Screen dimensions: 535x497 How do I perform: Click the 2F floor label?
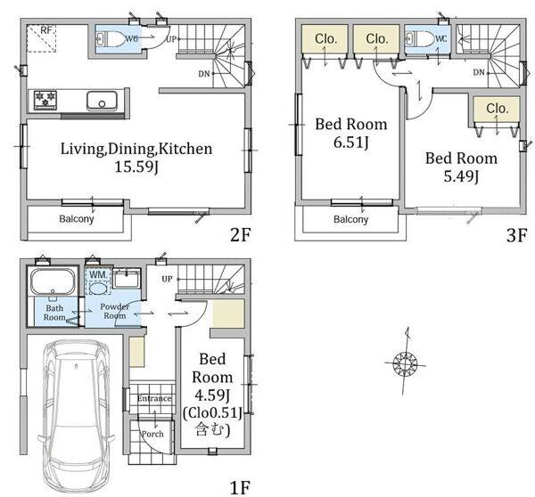coord(241,234)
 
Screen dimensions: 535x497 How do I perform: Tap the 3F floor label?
coord(516,235)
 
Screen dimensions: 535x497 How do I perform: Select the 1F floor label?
coord(240,488)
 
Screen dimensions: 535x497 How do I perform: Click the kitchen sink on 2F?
coord(102,101)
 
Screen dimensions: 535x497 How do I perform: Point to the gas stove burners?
coord(45,99)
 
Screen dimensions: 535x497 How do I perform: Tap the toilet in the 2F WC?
coord(110,38)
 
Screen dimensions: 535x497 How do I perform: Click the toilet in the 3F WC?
coord(419,38)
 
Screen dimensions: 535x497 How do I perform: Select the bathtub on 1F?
coord(53,282)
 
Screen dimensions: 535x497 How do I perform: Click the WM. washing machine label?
coord(98,274)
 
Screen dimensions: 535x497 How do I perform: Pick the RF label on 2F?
coord(46,30)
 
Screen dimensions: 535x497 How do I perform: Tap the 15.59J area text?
coord(136,167)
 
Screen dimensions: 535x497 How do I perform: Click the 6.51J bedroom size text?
coord(351,142)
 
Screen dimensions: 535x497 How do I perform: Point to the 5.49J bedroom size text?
coord(461,176)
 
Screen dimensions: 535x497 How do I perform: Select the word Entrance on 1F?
coord(154,398)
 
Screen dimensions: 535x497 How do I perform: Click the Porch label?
coord(152,434)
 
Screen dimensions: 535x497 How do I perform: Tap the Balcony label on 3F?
coord(350,219)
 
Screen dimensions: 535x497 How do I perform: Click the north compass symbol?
coord(405,362)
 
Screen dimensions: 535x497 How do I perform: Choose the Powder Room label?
coord(115,311)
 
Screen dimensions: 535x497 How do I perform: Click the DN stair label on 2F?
coord(204,73)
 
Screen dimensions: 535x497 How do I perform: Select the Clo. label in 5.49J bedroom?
coord(498,109)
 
